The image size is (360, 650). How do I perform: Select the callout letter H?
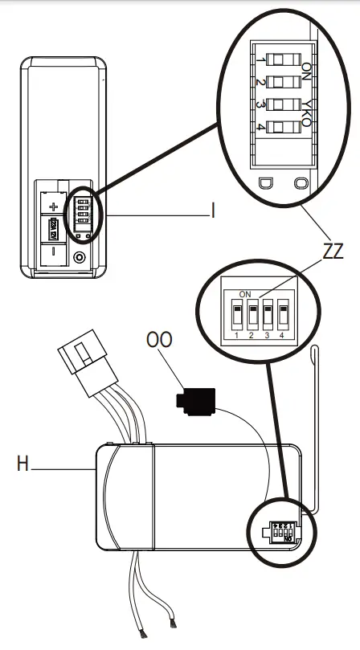24,464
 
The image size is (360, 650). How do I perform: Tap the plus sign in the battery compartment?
54,206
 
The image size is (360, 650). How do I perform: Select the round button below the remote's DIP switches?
79,258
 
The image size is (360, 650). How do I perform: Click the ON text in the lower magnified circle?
244,294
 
